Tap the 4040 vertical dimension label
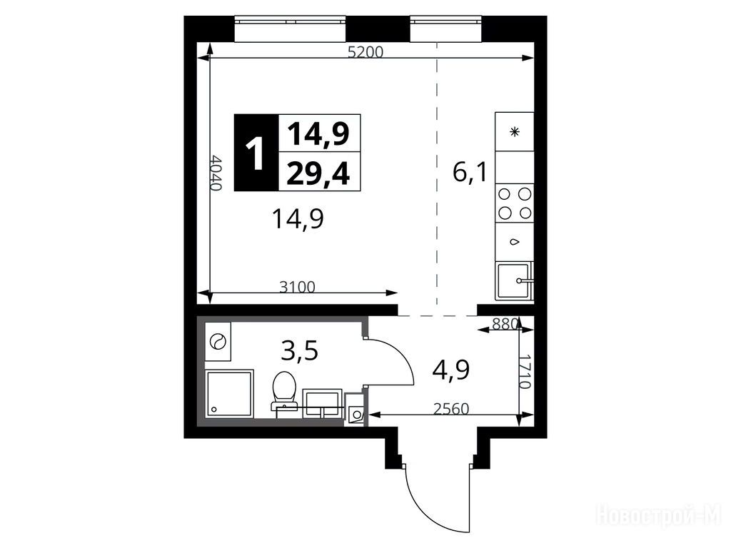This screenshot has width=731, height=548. [216, 173]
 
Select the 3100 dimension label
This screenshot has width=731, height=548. [298, 287]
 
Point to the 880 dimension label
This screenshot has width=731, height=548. [505, 323]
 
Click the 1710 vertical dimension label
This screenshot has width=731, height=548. [525, 372]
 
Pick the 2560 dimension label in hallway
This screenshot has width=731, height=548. [451, 409]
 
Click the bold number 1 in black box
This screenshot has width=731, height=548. [256, 153]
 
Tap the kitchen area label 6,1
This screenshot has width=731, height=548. [470, 173]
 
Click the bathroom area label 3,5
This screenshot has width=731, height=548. [300, 351]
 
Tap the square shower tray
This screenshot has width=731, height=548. [229, 394]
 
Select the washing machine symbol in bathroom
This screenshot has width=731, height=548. [218, 342]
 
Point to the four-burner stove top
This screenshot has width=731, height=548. [515, 203]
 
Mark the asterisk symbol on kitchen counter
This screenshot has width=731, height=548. [515, 132]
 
